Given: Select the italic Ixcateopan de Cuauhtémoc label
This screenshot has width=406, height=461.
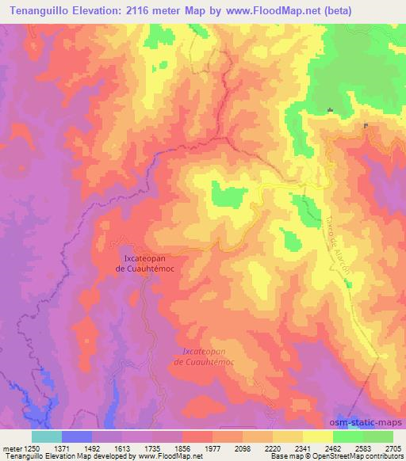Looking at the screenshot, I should pyautogui.click(x=205, y=356).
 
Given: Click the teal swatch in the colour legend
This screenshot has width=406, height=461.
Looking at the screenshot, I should pyautogui.click(x=47, y=436).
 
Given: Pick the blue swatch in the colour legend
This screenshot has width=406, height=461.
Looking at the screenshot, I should pyautogui.click(x=77, y=436).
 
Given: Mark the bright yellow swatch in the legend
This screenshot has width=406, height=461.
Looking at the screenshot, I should pyautogui.click(x=317, y=436).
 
